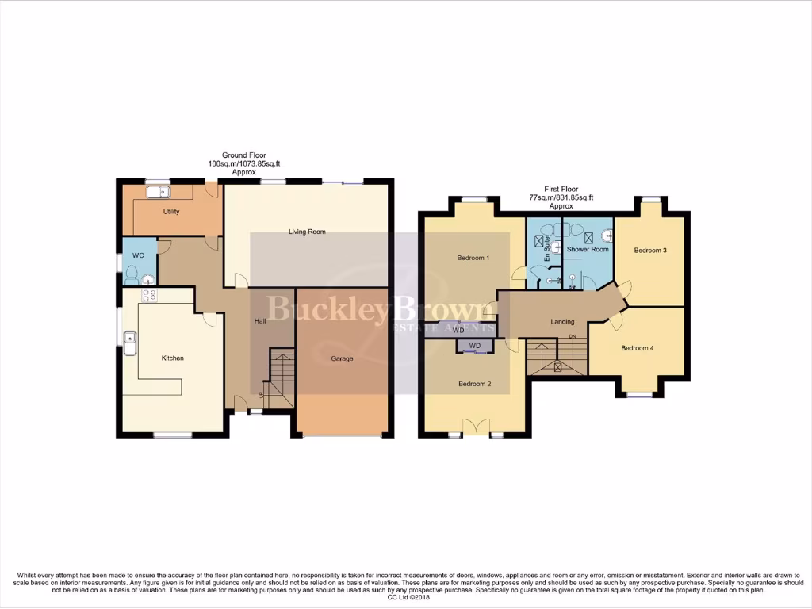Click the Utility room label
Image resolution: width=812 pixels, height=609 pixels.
170,212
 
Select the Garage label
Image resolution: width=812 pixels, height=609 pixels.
342,358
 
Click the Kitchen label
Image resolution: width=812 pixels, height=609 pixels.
173,358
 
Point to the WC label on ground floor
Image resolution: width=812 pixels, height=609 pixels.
137,255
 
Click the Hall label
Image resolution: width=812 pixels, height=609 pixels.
259,321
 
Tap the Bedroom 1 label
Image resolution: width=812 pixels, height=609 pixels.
473,258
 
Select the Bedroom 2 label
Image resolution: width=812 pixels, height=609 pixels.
474,384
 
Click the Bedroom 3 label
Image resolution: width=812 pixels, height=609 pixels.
650,251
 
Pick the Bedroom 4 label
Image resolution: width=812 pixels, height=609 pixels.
638,348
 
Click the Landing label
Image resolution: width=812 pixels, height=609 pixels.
562,321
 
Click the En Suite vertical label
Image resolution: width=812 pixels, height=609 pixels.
546,253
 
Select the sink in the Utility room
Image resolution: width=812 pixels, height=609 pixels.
158,191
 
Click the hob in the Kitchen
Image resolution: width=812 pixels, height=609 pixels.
149,296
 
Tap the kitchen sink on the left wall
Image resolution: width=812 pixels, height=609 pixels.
129,343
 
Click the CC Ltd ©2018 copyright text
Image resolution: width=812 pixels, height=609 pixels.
406,597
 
